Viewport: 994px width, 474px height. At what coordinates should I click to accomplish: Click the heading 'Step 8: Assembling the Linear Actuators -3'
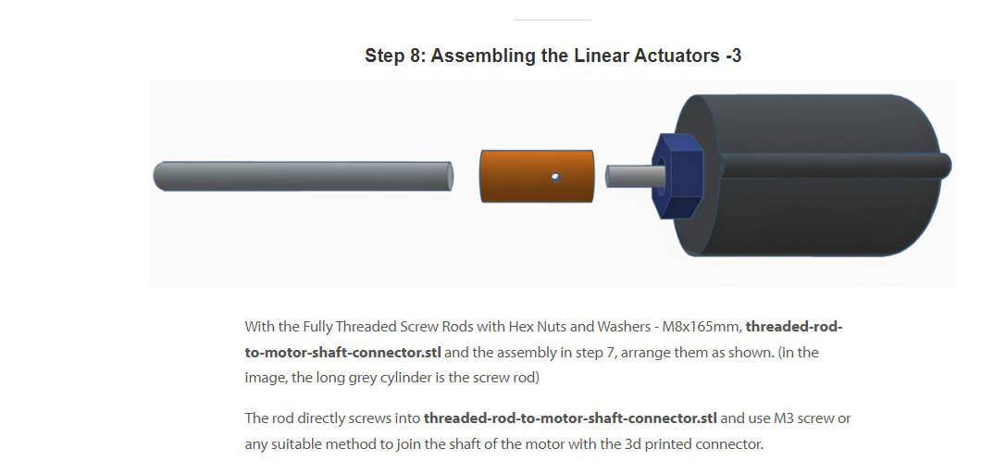[x=553, y=56]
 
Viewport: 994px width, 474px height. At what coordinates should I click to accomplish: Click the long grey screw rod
[x=304, y=176]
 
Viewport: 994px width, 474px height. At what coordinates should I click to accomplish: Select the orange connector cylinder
[x=537, y=176]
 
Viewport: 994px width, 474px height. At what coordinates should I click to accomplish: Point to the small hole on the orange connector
[x=555, y=178]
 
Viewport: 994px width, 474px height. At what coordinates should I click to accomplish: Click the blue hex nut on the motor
[x=677, y=176]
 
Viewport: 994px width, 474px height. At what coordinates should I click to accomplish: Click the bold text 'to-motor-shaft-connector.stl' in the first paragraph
[x=343, y=353]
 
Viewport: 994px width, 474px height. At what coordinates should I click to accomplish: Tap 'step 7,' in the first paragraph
[x=591, y=353]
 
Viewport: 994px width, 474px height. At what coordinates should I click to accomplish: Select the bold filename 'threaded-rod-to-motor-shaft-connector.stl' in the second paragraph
[x=570, y=418]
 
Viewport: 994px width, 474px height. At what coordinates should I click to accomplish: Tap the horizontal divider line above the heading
[x=553, y=19]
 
